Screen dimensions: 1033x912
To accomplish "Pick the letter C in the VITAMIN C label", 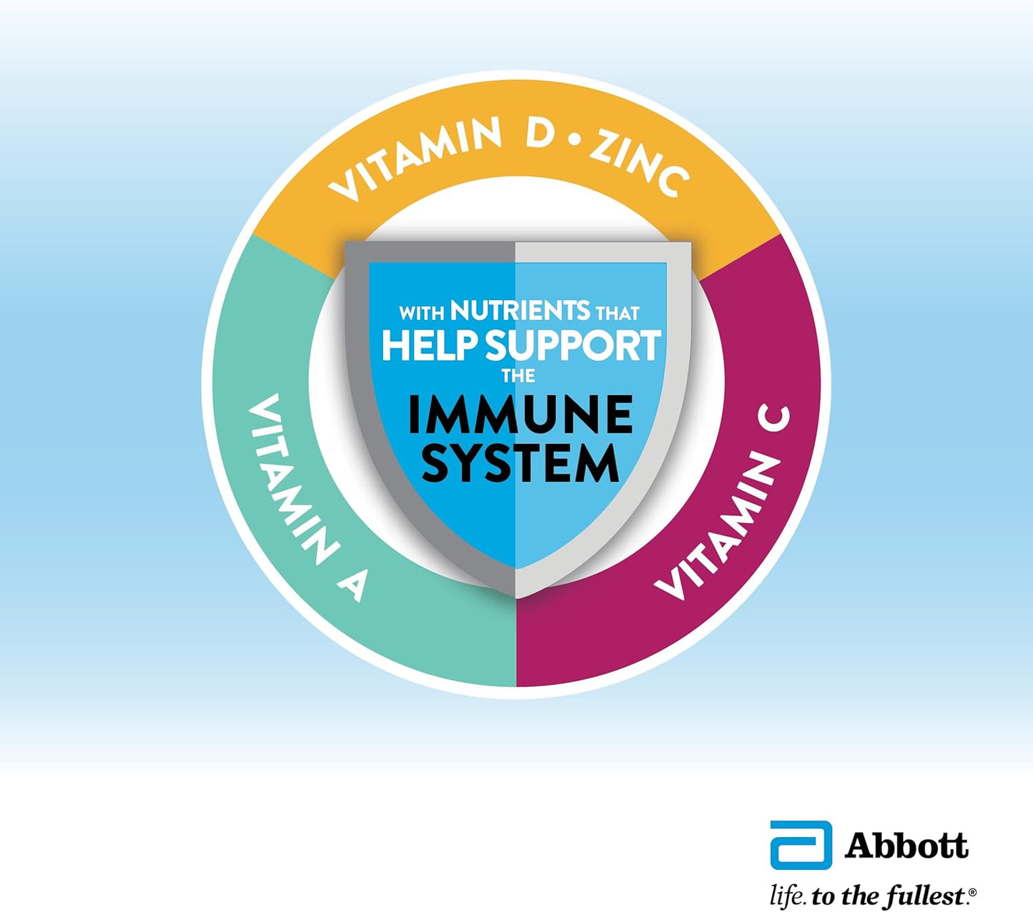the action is pos(774,424).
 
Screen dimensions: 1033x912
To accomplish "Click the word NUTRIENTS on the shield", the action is pos(520,310).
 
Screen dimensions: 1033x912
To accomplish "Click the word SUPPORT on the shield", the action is pos(573,346).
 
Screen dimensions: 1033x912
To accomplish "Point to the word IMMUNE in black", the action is pos(520,415).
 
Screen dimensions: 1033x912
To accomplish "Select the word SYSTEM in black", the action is pos(520,463).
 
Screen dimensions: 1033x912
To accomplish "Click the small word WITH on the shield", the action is pos(422,313).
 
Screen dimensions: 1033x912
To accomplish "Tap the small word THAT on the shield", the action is pos(617,313).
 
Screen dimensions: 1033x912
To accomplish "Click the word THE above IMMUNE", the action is pos(518,376).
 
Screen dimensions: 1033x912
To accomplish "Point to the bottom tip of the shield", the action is pos(516,598).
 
